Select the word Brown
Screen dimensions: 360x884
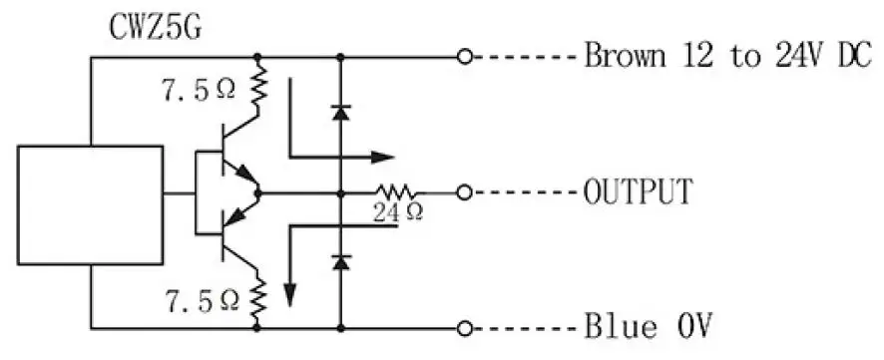[x=624, y=56]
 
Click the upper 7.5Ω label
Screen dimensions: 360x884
[x=199, y=90]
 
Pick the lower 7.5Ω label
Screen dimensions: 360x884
[x=199, y=298]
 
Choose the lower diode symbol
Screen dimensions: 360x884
[x=341, y=262]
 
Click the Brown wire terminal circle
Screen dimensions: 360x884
[x=462, y=57]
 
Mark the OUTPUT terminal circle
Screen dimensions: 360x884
[x=462, y=190]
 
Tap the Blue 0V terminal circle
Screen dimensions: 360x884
[x=462, y=326]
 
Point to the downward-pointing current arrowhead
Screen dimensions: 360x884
[x=290, y=294]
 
